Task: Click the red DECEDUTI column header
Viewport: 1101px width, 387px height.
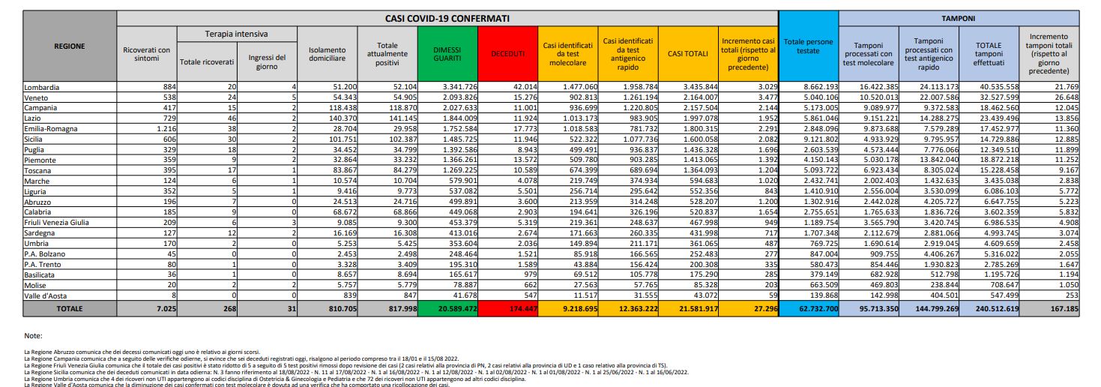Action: [508, 54]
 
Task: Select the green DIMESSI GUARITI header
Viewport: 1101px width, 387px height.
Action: [447, 54]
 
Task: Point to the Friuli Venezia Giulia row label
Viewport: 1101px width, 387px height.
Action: [57, 223]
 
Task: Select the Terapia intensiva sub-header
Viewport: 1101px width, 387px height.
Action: [236, 34]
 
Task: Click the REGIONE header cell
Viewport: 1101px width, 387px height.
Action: [70, 46]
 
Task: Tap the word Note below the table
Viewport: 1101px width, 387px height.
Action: [33, 336]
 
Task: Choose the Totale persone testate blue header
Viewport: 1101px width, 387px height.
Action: [809, 46]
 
